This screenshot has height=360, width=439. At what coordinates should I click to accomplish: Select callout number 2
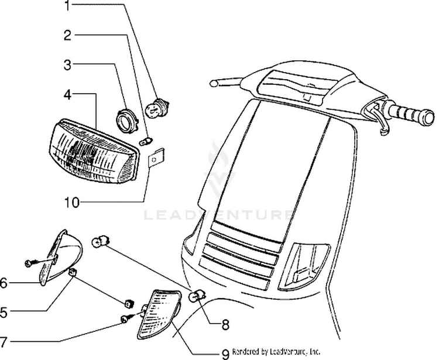(68, 35)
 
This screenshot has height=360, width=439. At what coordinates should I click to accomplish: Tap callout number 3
(68, 64)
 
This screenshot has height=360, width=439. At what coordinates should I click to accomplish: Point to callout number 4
(68, 94)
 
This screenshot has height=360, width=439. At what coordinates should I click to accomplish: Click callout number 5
(5, 313)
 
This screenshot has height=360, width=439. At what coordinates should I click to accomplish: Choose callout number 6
(5, 283)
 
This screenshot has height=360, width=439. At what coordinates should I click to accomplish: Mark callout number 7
(5, 341)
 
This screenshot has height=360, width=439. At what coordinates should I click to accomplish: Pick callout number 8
(225, 323)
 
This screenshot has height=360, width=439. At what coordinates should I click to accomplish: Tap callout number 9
(225, 352)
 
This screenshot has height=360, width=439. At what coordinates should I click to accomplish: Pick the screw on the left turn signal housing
(29, 264)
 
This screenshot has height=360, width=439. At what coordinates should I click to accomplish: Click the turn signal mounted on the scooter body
(303, 266)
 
